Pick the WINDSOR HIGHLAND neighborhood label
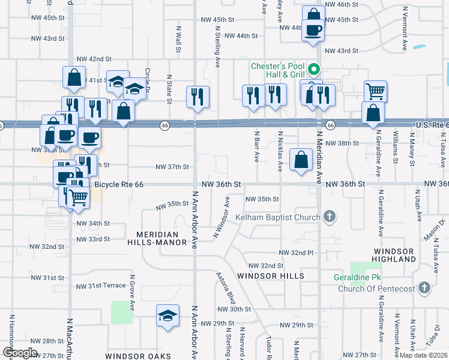click(394, 254)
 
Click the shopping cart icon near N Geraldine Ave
click(375, 92)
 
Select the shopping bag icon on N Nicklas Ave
click(301, 160)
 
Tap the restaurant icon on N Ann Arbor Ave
click(197, 97)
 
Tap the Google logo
click(20, 353)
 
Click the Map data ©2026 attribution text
click(423, 355)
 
